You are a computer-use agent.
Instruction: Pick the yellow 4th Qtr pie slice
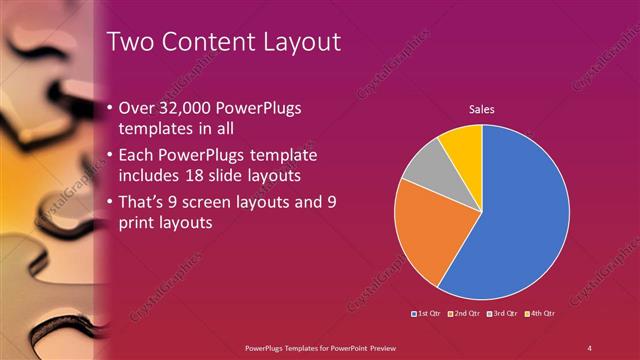pyautogui.click(x=463, y=142)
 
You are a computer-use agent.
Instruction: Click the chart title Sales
pyautogui.click(x=481, y=109)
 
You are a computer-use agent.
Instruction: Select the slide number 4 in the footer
pyautogui.click(x=589, y=347)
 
